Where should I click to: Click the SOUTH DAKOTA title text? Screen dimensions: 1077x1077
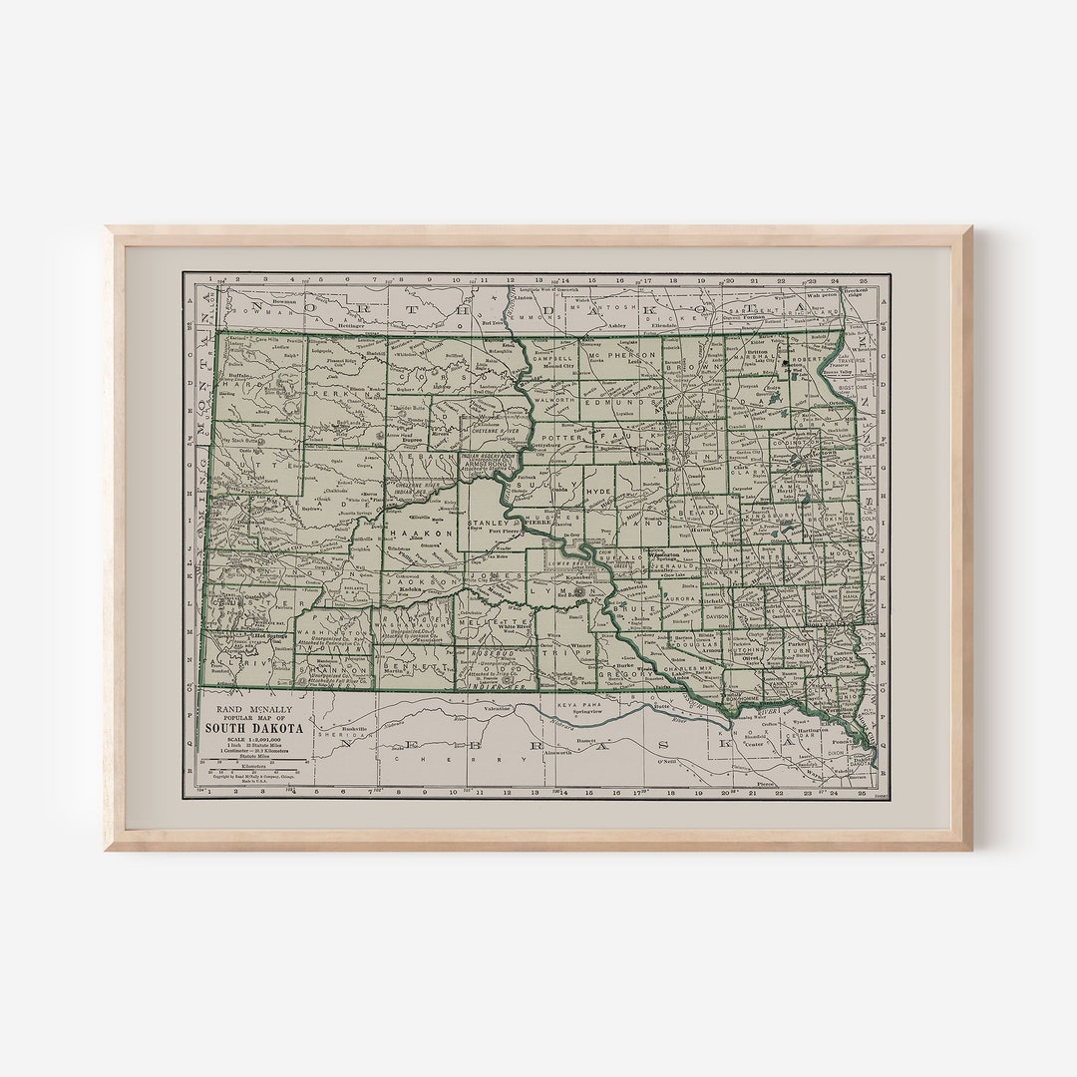(254, 728)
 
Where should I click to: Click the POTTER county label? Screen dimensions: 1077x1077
(555, 437)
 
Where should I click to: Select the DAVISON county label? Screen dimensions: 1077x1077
(717, 616)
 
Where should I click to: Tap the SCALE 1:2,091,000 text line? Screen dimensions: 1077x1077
(253, 739)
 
